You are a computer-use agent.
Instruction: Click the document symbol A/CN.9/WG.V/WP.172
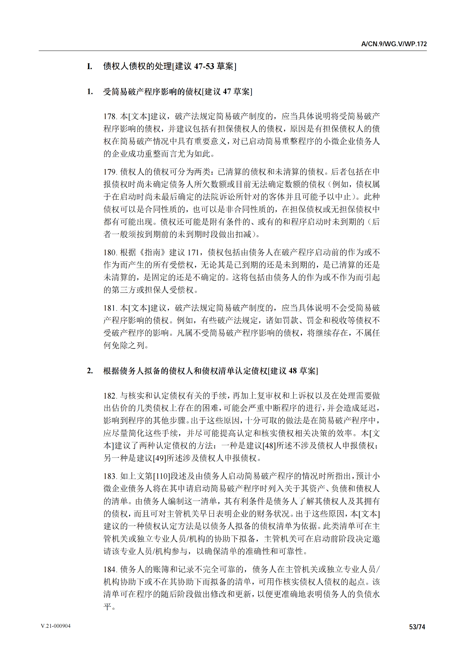pos(394,44)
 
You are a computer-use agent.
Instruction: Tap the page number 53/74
pos(417,627)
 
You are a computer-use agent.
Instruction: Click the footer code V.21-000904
pos(56,626)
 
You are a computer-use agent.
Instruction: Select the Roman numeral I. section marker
pos(90,66)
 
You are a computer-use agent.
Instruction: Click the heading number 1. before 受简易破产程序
pos(90,92)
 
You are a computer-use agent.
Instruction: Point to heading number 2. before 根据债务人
pos(90,371)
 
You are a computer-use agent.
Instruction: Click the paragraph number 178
pos(110,116)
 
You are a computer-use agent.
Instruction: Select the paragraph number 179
pos(110,172)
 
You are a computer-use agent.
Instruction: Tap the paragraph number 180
pos(110,252)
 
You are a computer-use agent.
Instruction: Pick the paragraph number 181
pos(110,308)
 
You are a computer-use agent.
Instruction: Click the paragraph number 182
pos(110,396)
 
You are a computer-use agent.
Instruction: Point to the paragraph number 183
pos(110,476)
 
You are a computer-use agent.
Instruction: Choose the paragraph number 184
pos(110,569)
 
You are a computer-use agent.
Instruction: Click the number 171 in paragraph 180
pos(193,252)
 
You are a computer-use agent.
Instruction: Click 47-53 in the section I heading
pos(204,66)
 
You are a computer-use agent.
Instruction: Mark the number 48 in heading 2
pos(293,371)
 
